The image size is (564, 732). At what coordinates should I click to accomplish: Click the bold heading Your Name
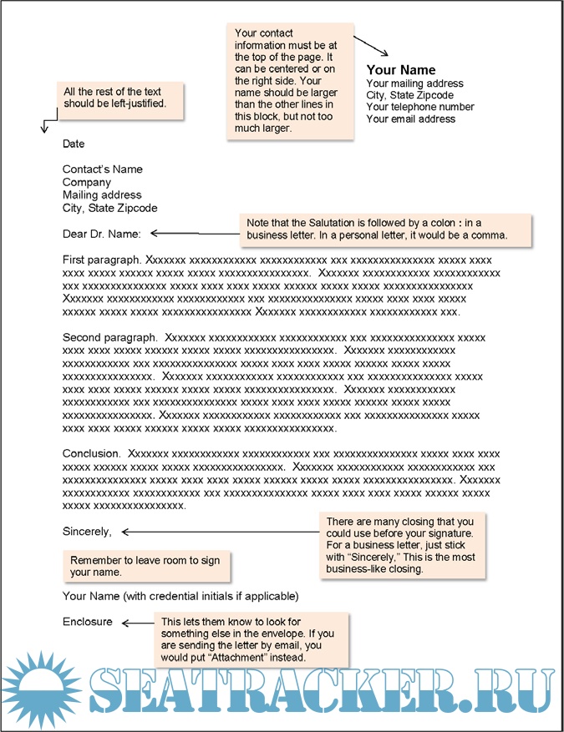click(x=401, y=70)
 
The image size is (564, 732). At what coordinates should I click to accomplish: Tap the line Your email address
click(x=411, y=119)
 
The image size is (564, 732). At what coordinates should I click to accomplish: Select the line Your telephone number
click(x=420, y=107)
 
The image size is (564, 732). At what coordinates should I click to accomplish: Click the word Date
click(x=74, y=144)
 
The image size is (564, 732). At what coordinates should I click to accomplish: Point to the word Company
click(x=87, y=182)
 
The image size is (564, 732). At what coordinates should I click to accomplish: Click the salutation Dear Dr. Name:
click(x=102, y=234)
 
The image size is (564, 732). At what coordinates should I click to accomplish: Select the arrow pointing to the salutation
click(x=175, y=234)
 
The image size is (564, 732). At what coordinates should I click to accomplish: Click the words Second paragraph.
click(x=109, y=337)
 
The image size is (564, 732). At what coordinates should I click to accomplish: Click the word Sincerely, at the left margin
click(x=87, y=531)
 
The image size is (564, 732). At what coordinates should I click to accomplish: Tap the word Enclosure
click(x=87, y=622)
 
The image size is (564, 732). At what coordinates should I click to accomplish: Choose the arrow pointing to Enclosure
click(x=135, y=622)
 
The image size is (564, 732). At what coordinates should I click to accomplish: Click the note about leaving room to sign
click(x=146, y=566)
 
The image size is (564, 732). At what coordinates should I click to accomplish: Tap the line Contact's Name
click(x=103, y=169)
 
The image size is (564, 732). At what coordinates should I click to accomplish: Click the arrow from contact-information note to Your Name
click(x=372, y=47)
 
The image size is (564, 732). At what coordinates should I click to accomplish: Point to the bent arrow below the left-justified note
click(x=46, y=124)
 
